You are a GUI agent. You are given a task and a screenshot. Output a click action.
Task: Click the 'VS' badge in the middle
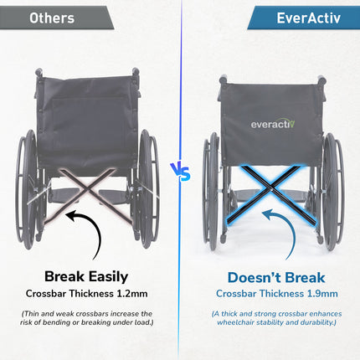point(180,173)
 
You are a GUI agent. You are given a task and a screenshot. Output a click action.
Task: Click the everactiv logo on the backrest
point(273,124)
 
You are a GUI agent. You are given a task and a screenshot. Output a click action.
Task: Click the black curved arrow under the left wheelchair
point(84,233)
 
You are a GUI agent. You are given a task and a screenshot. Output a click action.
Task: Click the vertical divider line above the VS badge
point(180,84)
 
